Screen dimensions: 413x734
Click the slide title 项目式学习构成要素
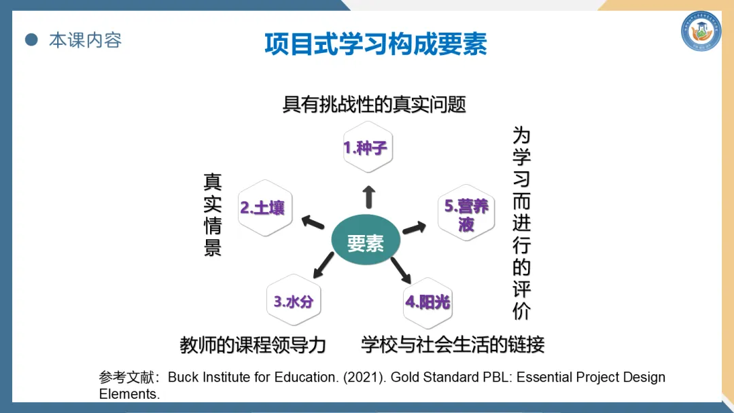376,44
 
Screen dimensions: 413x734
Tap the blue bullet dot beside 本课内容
31,40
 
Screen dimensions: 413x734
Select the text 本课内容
85,40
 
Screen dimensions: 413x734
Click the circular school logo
701,31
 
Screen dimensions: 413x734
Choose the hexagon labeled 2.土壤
262,208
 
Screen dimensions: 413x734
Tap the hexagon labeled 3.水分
294,302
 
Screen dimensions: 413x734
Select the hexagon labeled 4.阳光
427,302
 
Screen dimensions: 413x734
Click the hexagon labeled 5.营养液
466,215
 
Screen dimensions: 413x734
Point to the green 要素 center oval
365,243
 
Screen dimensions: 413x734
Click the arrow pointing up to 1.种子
369,196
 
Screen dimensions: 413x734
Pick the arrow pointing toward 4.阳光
402,270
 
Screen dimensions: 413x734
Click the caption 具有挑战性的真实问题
374,105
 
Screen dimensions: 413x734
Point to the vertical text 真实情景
213,215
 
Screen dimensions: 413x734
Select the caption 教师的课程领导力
253,345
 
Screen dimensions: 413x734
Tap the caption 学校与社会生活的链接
453,344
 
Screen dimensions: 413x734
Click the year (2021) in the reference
364,378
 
